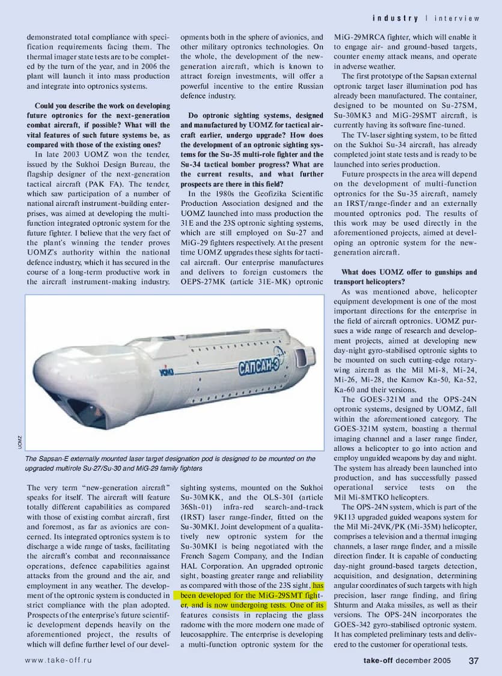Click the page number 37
473,660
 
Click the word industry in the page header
395,19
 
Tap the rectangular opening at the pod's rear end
305,356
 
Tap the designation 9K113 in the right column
348,516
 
